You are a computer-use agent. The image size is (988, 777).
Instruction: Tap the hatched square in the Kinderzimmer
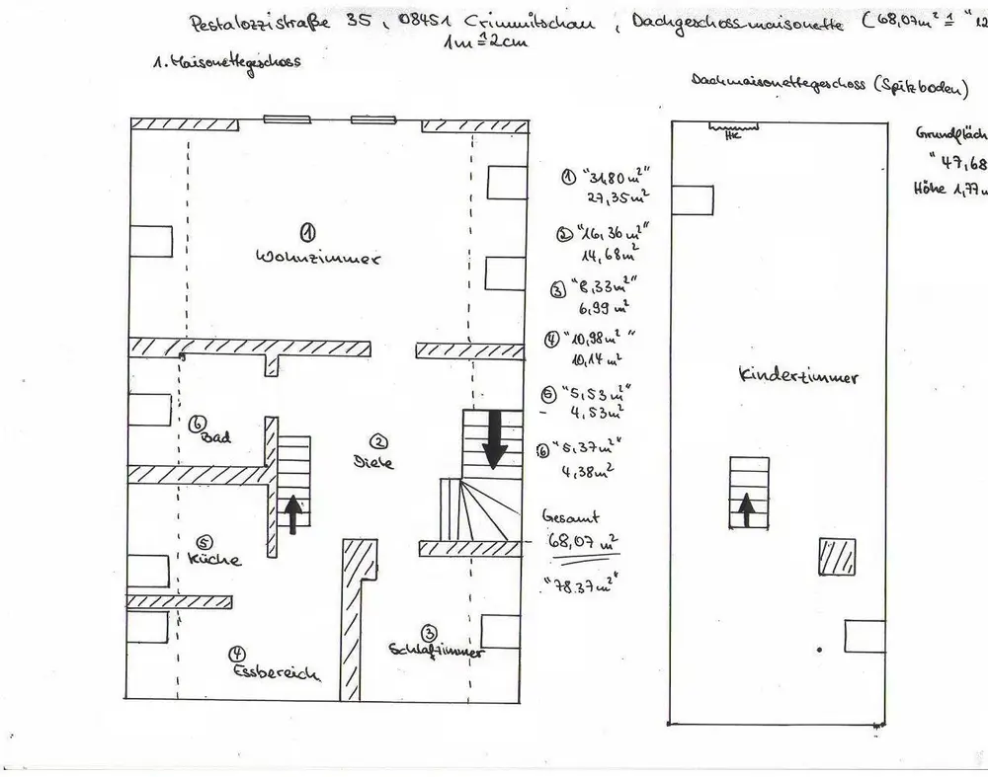point(832,556)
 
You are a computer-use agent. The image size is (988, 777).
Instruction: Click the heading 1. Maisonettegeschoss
point(227,62)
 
